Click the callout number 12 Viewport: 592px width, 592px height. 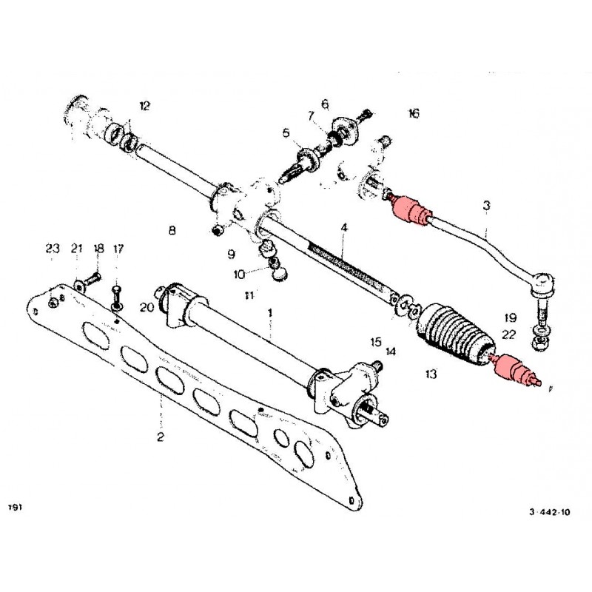pos(144,106)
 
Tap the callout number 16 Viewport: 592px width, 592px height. pos(413,113)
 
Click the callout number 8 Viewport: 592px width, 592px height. pos(172,230)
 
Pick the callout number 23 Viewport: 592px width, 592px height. pos(51,248)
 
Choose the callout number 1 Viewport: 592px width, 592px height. pos(270,313)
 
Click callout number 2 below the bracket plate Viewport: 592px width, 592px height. pos(161,437)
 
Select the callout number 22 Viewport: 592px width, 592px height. pos(509,335)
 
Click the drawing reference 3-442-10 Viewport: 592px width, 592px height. pos(551,511)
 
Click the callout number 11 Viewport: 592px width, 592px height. pos(249,295)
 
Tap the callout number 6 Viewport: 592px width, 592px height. pos(324,103)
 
